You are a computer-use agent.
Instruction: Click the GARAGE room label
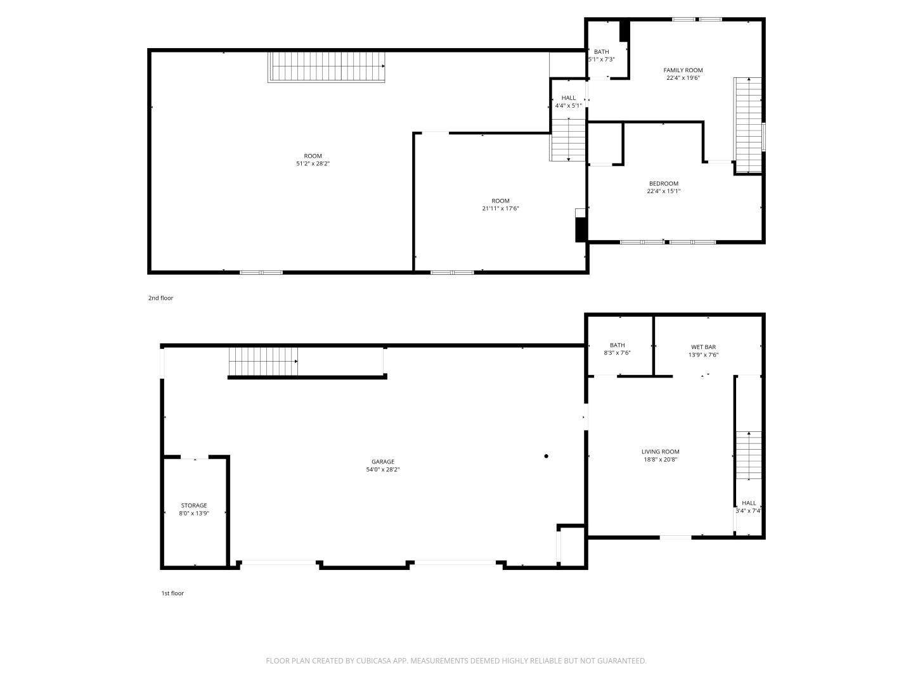coord(383,462)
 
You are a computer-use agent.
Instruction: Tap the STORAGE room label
coord(194,505)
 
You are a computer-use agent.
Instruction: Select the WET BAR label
coord(703,347)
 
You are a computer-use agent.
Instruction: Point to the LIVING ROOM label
coord(660,452)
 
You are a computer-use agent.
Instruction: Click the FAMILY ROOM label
coord(683,70)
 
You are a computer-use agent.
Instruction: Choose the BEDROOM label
coord(663,184)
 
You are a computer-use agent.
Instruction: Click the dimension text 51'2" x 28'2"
coord(313,163)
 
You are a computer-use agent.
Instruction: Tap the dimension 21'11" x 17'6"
coord(500,208)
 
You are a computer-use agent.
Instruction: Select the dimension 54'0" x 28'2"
coord(383,469)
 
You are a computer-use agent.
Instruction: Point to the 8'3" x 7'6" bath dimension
coord(618,353)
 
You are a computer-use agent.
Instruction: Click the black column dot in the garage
coord(546,456)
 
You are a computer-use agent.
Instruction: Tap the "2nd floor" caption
coord(160,298)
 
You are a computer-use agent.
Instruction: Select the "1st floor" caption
coord(172,593)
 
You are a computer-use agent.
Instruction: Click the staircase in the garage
coord(263,361)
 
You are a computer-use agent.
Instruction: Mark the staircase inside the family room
coord(748,125)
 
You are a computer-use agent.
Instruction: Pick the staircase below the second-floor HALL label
coord(568,139)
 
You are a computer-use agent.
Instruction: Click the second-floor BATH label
coord(602,52)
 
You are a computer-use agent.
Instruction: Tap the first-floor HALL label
coord(749,503)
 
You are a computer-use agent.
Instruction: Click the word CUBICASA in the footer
coord(374,661)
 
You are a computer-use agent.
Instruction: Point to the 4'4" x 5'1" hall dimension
coord(568,106)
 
